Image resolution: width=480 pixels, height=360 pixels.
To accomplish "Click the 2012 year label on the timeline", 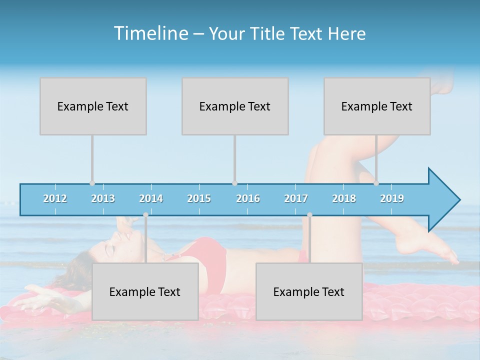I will tap(55, 198).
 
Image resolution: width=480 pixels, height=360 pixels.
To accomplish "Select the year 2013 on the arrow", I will tap(103, 198).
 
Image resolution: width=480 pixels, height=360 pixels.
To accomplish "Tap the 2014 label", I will tap(151, 198).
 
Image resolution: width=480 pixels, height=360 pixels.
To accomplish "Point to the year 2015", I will tap(199, 198).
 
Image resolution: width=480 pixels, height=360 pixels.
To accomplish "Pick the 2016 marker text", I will tap(248, 198).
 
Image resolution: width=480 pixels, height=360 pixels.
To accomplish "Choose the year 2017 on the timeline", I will tap(296, 198).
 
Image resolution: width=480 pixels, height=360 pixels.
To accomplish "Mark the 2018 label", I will tap(344, 198).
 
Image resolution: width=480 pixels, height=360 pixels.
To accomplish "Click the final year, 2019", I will tap(392, 198).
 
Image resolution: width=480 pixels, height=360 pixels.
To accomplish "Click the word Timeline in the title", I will tap(150, 33).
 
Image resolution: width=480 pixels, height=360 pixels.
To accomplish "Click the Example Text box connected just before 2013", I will tap(93, 106).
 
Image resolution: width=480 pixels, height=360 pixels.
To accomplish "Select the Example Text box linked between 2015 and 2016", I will tap(235, 106).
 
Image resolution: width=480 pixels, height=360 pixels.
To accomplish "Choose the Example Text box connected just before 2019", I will tap(377, 106).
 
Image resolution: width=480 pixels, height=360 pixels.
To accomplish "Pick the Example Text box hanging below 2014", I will tap(145, 291).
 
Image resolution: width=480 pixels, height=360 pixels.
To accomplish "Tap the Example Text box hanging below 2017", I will tap(309, 291).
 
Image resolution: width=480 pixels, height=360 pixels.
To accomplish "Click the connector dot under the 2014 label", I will tap(145, 215).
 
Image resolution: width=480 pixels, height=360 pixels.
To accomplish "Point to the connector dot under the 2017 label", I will tap(309, 215).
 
